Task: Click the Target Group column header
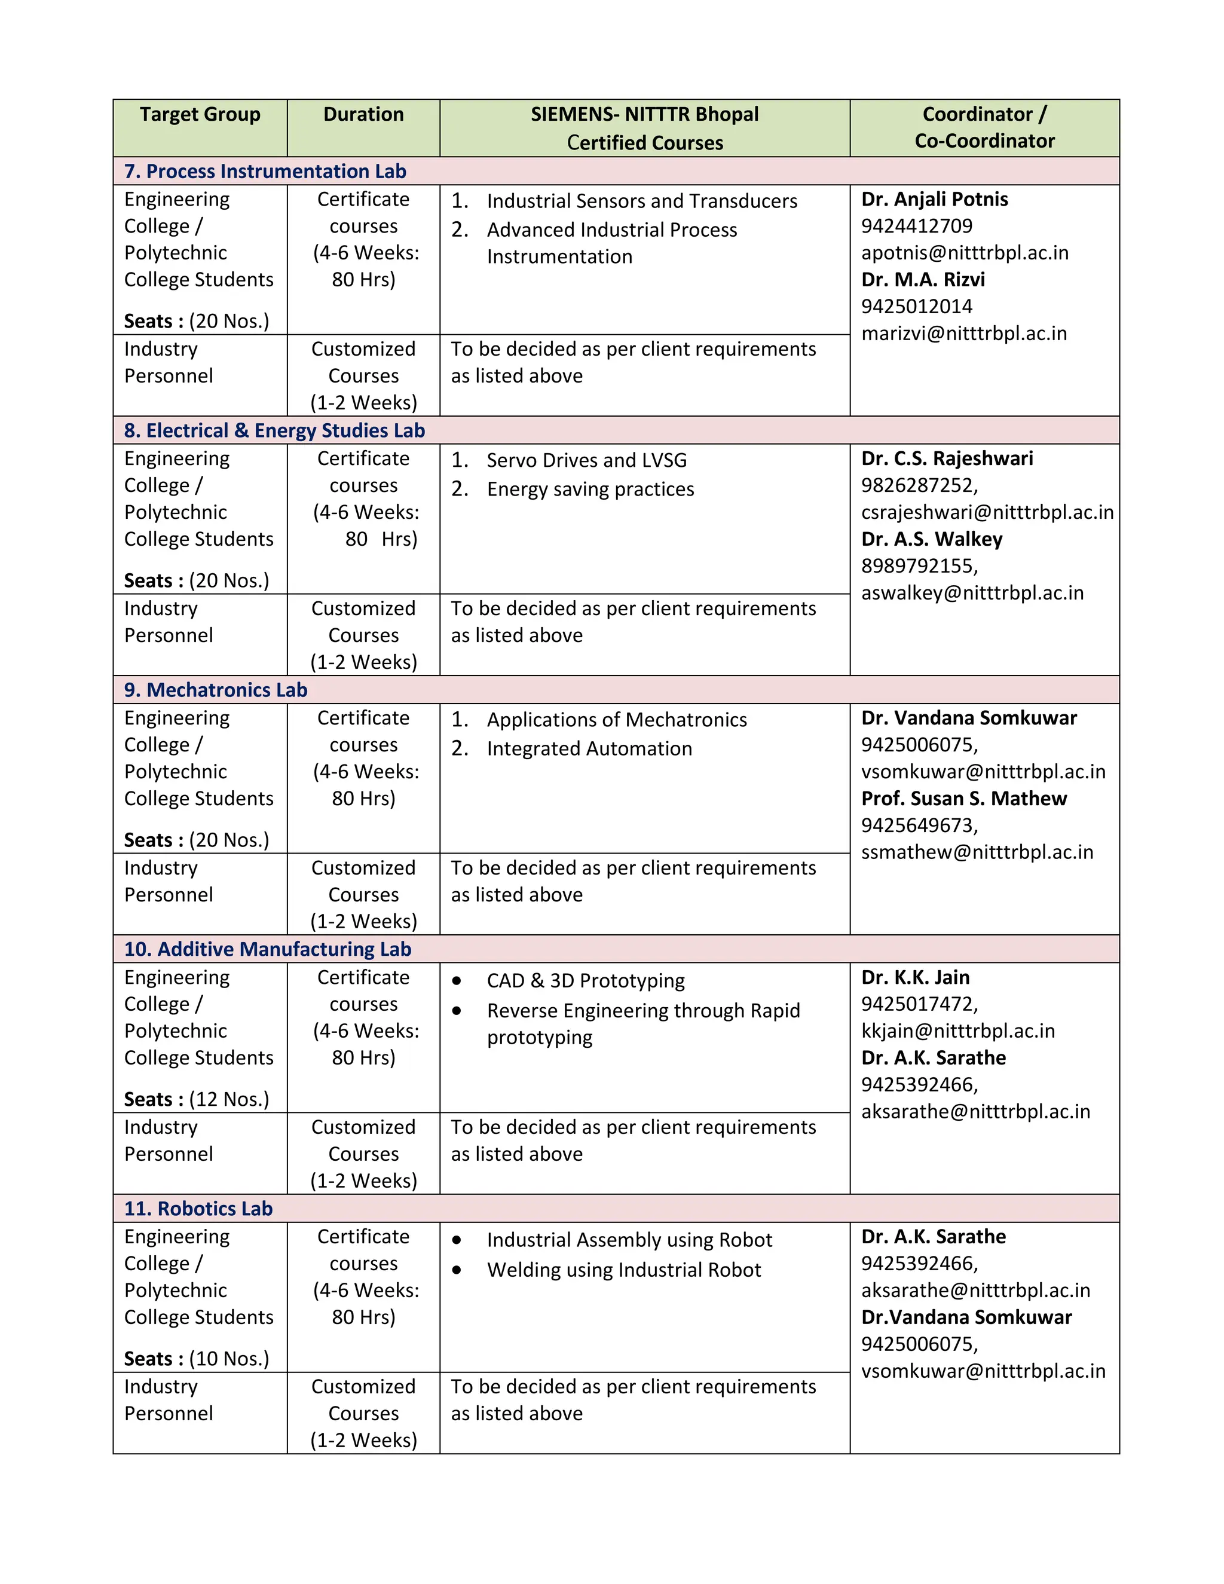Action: pyautogui.click(x=200, y=115)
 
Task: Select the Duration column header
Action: pyautogui.click(x=363, y=115)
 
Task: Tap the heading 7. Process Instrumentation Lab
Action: pyautogui.click(x=265, y=171)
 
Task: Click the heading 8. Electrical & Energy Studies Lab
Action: pyautogui.click(x=274, y=430)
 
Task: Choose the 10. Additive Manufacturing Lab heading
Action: pyautogui.click(x=268, y=949)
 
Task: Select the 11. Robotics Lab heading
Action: pyautogui.click(x=198, y=1208)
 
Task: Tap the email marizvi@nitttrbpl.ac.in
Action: pyautogui.click(x=963, y=334)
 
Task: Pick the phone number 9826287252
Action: pyautogui.click(x=919, y=485)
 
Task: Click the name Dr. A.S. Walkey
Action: pyautogui.click(x=931, y=539)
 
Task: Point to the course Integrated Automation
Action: pyautogui.click(x=589, y=748)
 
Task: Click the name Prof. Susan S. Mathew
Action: pyautogui.click(x=963, y=799)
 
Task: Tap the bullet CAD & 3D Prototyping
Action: pyautogui.click(x=585, y=980)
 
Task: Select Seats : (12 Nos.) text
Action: pyautogui.click(x=197, y=1099)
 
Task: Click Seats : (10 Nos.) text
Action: pyautogui.click(x=197, y=1359)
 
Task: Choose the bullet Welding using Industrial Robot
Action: pyautogui.click(x=623, y=1270)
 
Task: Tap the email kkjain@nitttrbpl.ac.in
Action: pyautogui.click(x=957, y=1030)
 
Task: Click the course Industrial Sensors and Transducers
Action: pyautogui.click(x=642, y=201)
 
